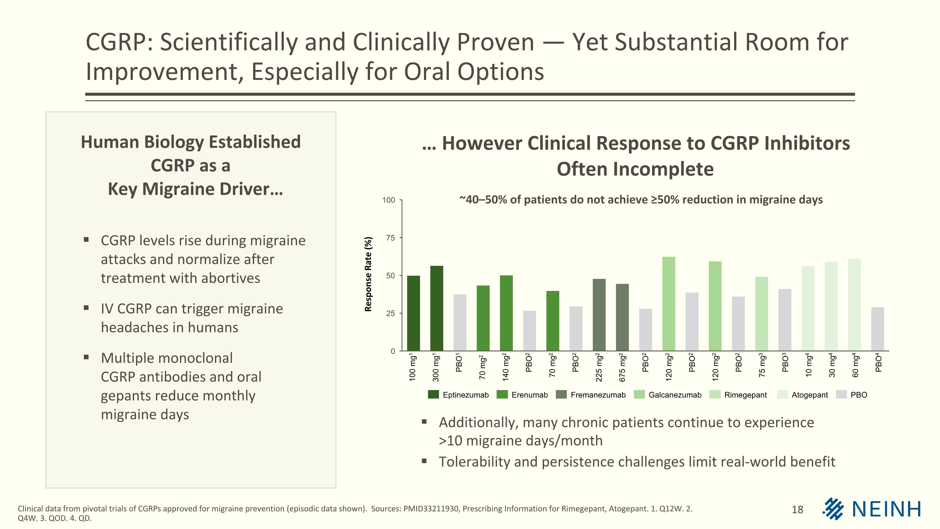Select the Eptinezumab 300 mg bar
(x=436, y=309)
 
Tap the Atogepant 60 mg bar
(x=854, y=305)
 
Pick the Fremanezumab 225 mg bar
(x=599, y=315)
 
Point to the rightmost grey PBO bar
(x=877, y=329)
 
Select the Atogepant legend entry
(x=809, y=395)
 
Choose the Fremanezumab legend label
(x=598, y=395)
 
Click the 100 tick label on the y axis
(x=388, y=200)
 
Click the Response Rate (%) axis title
(x=368, y=274)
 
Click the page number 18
(x=797, y=510)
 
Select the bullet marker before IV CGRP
(x=86, y=308)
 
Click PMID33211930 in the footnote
(x=431, y=509)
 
